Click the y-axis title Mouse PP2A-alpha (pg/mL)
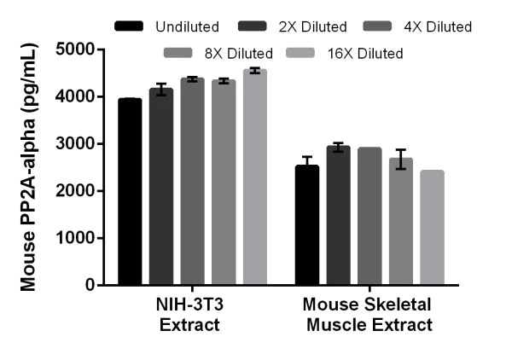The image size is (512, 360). (29, 167)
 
